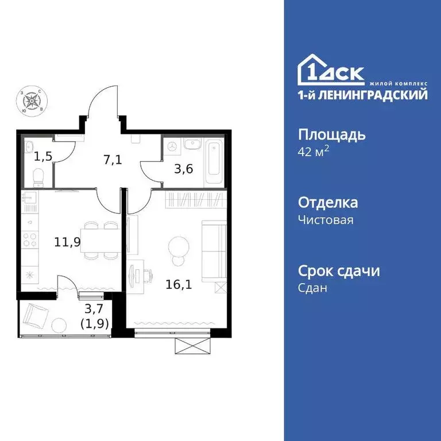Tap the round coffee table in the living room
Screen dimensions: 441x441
(178, 248)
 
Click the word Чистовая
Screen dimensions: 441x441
(326, 220)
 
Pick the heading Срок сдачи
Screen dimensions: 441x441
(339, 270)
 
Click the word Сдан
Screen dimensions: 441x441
(312, 288)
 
